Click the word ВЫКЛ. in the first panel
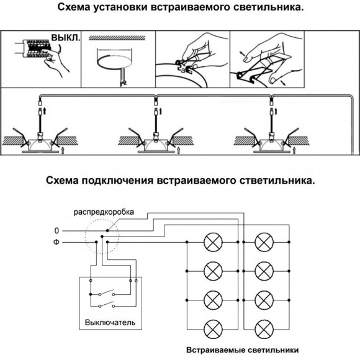click(x=66, y=37)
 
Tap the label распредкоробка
click(x=104, y=212)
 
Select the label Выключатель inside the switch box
click(x=110, y=323)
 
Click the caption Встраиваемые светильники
click(x=243, y=350)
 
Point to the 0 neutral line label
click(x=56, y=231)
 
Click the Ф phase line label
click(x=56, y=242)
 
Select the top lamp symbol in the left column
click(x=213, y=242)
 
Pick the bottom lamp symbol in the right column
click(x=264, y=329)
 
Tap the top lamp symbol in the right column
click(x=264, y=242)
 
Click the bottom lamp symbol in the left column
click(x=213, y=329)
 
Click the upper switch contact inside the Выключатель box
click(x=106, y=293)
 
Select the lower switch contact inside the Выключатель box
click(x=106, y=305)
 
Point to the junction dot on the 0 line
click(x=107, y=230)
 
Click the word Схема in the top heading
click(x=74, y=7)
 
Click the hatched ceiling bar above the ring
click(x=117, y=38)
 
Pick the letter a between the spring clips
click(x=183, y=71)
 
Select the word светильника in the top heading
click(x=269, y=7)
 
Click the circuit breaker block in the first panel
click(x=37, y=48)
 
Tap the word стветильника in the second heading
click(x=277, y=181)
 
